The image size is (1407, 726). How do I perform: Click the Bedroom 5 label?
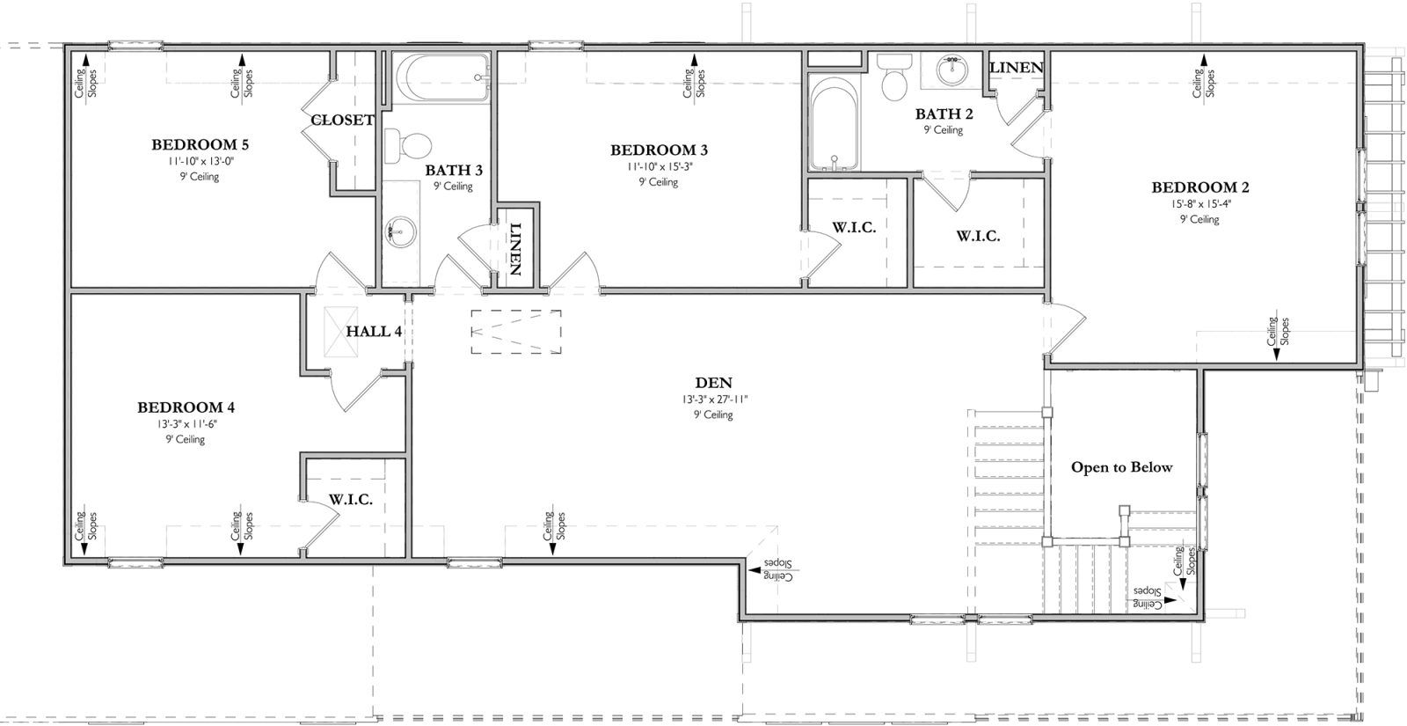pyautogui.click(x=200, y=144)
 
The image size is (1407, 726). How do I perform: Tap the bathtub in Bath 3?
pyautogui.click(x=447, y=78)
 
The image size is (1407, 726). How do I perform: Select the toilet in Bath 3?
pyautogui.click(x=408, y=144)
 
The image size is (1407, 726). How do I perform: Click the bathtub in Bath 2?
pyautogui.click(x=834, y=124)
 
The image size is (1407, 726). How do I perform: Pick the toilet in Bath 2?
pyautogui.click(x=894, y=77)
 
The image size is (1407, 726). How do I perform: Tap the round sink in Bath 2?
pyautogui.click(x=952, y=70)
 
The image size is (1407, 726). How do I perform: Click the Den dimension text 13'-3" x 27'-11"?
pyautogui.click(x=714, y=400)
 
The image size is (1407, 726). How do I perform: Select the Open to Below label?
pyautogui.click(x=1122, y=467)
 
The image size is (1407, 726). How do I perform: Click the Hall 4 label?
pyautogui.click(x=374, y=331)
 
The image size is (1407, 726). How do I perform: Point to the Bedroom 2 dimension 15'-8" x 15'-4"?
pyautogui.click(x=1200, y=203)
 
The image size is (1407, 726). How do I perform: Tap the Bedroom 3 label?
pyautogui.click(x=659, y=150)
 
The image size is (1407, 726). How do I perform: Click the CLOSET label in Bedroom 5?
pyautogui.click(x=342, y=120)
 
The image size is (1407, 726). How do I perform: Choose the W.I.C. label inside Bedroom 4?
pyautogui.click(x=351, y=500)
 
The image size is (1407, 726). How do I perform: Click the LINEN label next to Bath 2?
pyautogui.click(x=1017, y=67)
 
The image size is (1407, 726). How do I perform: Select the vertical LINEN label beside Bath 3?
pyautogui.click(x=515, y=249)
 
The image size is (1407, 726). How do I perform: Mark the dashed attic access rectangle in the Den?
pyautogui.click(x=516, y=331)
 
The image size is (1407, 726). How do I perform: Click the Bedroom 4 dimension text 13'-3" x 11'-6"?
pyautogui.click(x=186, y=423)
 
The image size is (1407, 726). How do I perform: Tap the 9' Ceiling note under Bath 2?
pyautogui.click(x=943, y=130)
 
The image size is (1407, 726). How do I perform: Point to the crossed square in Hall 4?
pyautogui.click(x=341, y=332)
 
